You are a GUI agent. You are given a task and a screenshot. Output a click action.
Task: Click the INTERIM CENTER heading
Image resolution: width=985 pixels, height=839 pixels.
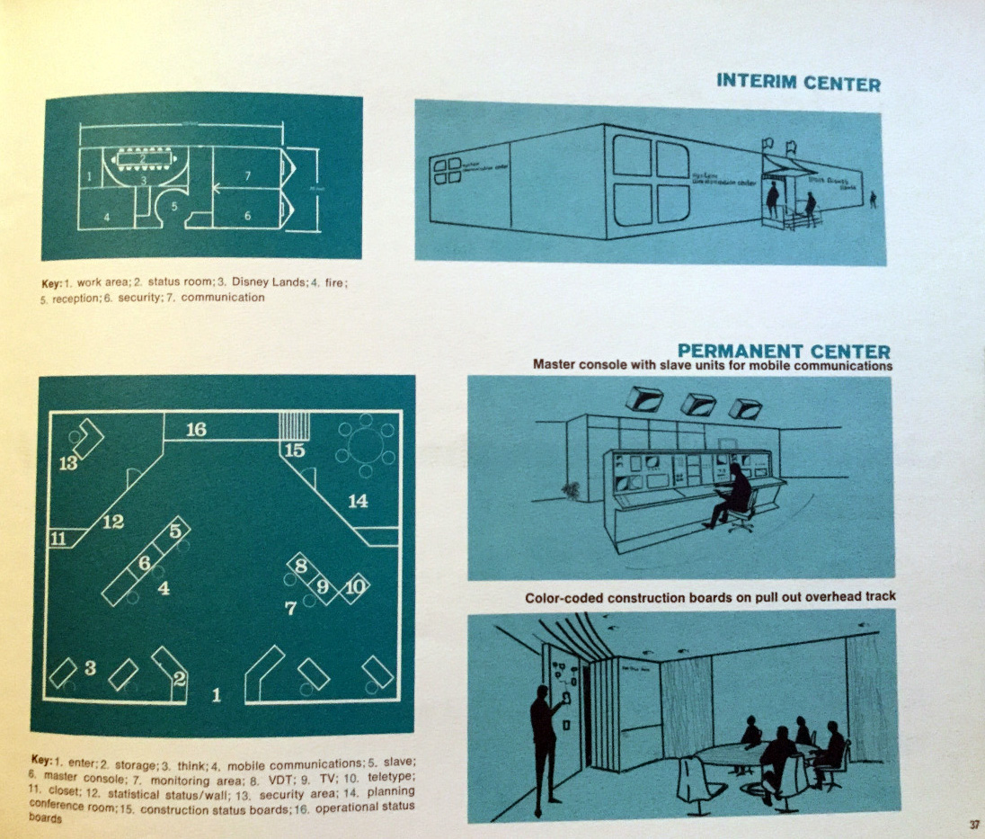tap(798, 84)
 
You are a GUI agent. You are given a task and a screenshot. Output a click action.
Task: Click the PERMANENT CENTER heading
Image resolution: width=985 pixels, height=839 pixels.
tap(784, 350)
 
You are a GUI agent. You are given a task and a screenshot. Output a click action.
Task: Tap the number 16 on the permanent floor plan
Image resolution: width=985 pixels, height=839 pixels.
tap(196, 430)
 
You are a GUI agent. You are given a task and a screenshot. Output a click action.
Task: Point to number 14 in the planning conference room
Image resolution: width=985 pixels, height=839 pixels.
tap(358, 501)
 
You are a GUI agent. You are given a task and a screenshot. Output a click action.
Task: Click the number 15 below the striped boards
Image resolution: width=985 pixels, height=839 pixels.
tap(295, 451)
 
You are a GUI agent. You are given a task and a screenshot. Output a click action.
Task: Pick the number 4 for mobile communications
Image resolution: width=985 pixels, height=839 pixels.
tap(164, 589)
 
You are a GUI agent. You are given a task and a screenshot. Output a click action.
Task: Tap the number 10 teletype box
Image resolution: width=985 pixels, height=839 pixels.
tap(356, 586)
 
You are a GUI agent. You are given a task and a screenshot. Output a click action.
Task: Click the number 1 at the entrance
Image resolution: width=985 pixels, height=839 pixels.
tap(215, 693)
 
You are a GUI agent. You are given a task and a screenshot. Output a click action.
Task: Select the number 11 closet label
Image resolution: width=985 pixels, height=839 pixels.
tap(58, 540)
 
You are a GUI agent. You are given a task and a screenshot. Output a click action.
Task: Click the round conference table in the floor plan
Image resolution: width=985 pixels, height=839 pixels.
tap(365, 442)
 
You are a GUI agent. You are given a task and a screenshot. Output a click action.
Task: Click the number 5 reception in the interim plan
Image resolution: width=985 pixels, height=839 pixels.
tap(175, 204)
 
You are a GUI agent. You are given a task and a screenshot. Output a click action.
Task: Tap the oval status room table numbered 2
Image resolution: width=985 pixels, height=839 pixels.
tap(142, 159)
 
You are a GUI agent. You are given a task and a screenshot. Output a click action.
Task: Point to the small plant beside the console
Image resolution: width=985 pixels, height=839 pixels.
tap(569, 490)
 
